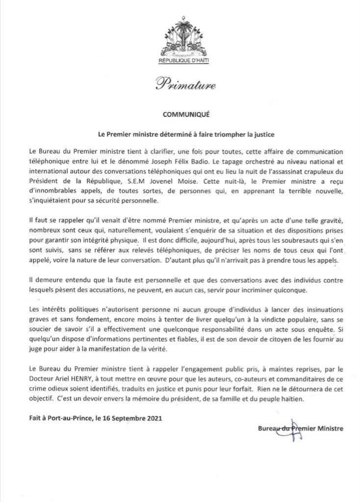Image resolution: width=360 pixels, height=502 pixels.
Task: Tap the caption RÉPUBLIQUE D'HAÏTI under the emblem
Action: [180, 63]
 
